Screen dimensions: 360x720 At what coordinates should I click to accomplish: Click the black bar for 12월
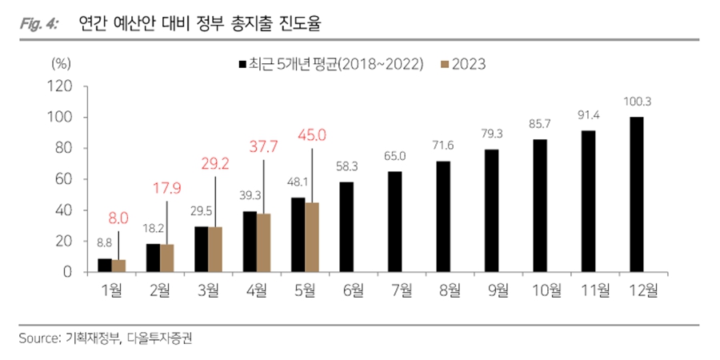tap(637, 194)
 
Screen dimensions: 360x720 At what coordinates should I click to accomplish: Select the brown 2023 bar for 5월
tap(311, 237)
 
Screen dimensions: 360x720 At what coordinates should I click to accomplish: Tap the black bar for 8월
tap(443, 216)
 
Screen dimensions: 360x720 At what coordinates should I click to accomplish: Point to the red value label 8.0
tap(117, 216)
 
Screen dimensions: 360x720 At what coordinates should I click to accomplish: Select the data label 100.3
tap(637, 102)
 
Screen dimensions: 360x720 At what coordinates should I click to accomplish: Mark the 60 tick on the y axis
tap(68, 179)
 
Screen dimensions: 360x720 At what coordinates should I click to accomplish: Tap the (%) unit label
tap(62, 63)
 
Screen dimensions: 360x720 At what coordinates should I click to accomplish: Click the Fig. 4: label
tap(36, 25)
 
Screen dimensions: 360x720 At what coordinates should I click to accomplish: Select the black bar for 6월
tap(346, 227)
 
